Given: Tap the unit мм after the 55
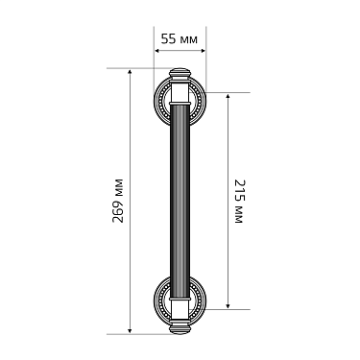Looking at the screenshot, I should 189,39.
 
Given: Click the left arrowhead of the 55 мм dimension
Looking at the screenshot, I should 156,52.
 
